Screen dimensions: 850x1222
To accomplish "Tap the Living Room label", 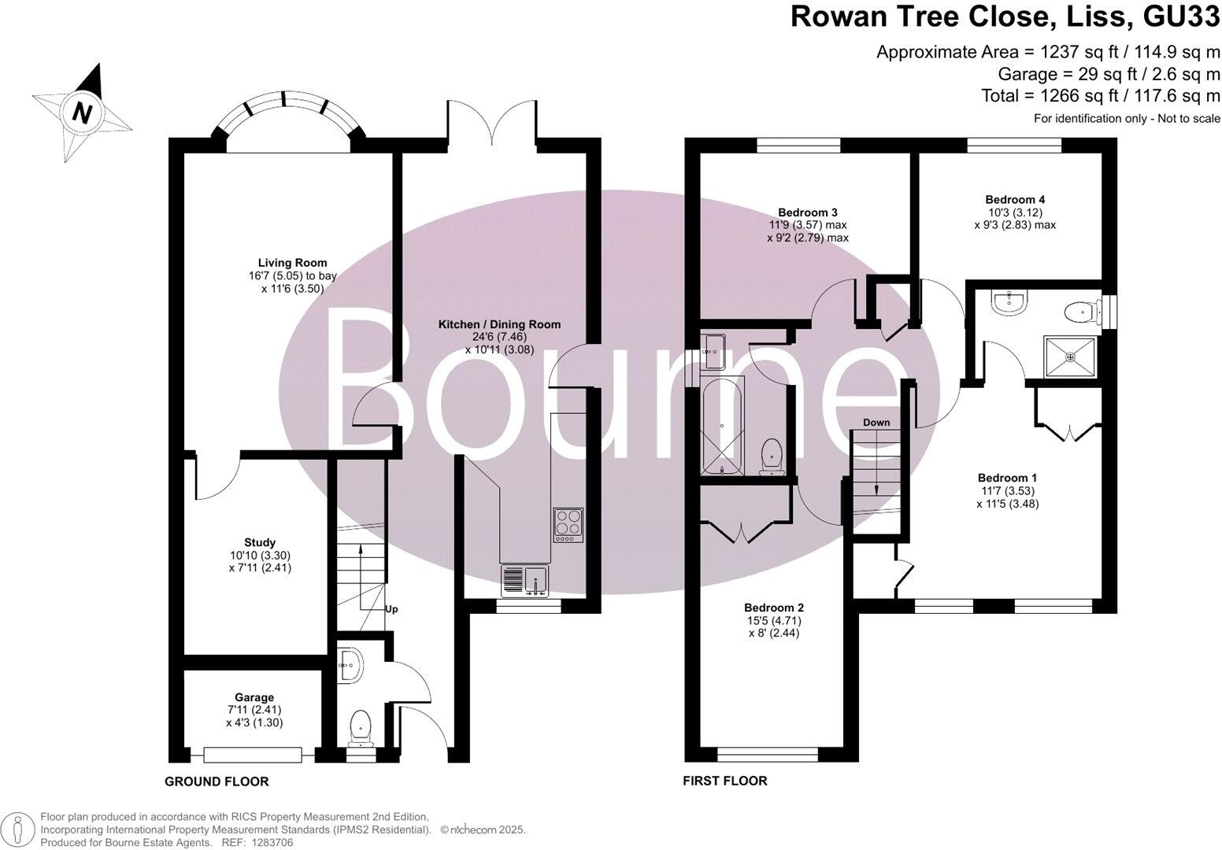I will point(292,263).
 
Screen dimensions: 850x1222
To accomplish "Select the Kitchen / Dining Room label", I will point(499,324).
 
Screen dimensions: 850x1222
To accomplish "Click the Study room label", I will point(260,542).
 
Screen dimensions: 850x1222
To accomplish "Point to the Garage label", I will point(254,697).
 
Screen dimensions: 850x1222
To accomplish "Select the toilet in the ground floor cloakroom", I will point(361,726).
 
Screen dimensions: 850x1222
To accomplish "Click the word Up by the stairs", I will point(391,609).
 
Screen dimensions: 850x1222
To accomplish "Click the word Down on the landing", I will point(876,423).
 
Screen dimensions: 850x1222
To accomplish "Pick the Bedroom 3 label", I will point(807,213).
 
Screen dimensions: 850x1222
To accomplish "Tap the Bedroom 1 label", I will point(1007,478).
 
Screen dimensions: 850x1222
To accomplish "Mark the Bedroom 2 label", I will point(773,608).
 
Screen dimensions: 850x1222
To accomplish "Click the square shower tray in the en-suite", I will point(1070,357).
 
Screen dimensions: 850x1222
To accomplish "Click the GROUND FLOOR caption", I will point(217,782).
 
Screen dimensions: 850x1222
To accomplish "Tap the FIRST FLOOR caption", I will point(724,781).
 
